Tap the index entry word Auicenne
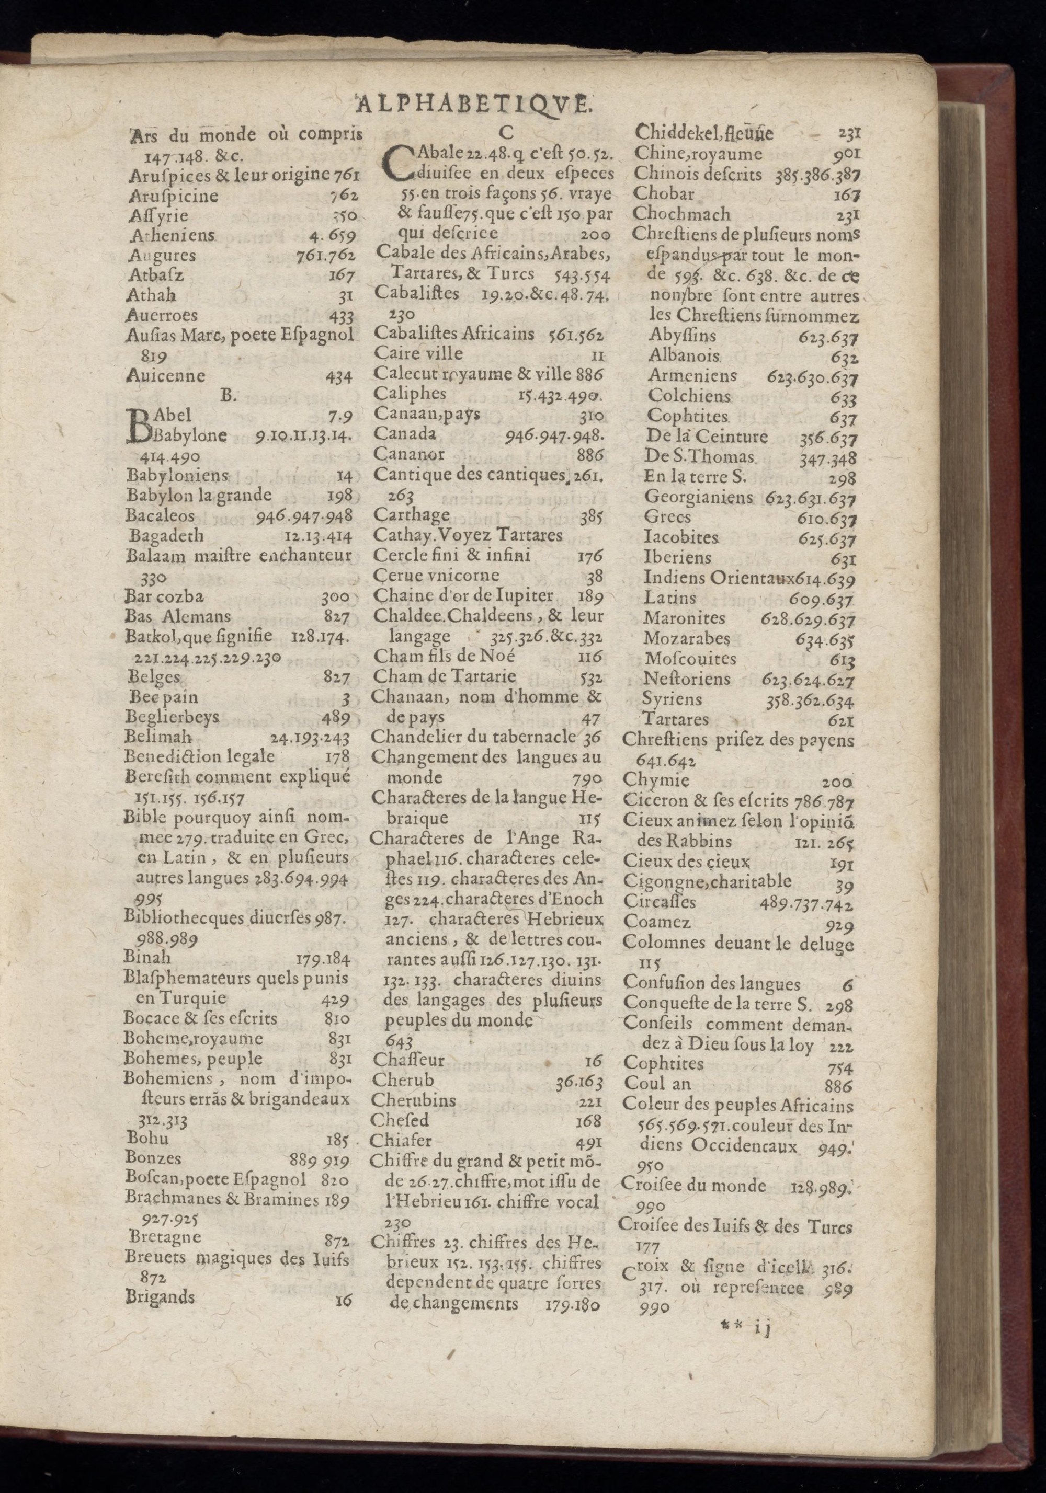(x=166, y=376)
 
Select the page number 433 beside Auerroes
(x=341, y=317)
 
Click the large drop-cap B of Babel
(x=139, y=426)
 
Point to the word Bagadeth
(x=166, y=536)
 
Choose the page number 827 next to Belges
(x=337, y=677)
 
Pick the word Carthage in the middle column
(x=412, y=515)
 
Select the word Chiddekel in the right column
(x=675, y=133)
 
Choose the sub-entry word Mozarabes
(x=687, y=639)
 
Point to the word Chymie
(x=656, y=779)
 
